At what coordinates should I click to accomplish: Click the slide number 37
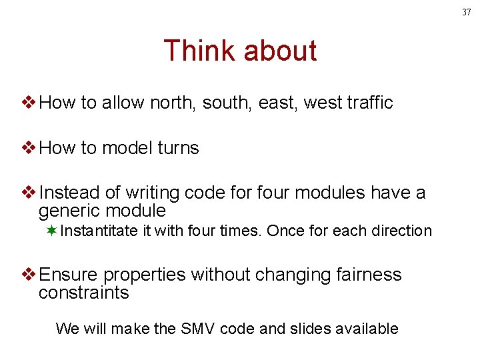tap(467, 11)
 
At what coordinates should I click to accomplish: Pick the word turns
tap(177, 148)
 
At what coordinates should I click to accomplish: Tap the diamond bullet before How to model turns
tap(29, 148)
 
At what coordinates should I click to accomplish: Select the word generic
tap(73, 211)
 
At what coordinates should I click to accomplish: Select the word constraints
tap(83, 293)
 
